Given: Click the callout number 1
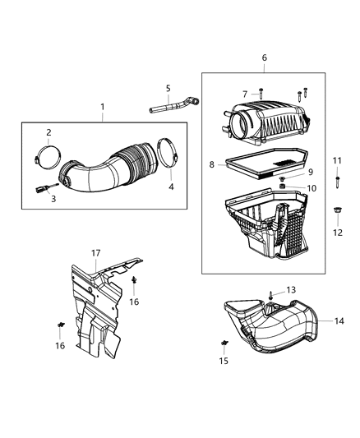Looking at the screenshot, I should tap(103, 107).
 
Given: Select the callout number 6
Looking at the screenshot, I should tap(264, 58).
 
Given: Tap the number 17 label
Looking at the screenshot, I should tap(96, 253).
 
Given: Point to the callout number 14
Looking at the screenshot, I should tap(339, 320).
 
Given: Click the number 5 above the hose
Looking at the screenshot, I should tap(168, 89).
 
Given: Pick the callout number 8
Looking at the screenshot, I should tap(212, 165).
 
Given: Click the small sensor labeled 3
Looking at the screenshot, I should tap(42, 189).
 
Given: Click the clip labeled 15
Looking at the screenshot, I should tap(224, 342).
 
